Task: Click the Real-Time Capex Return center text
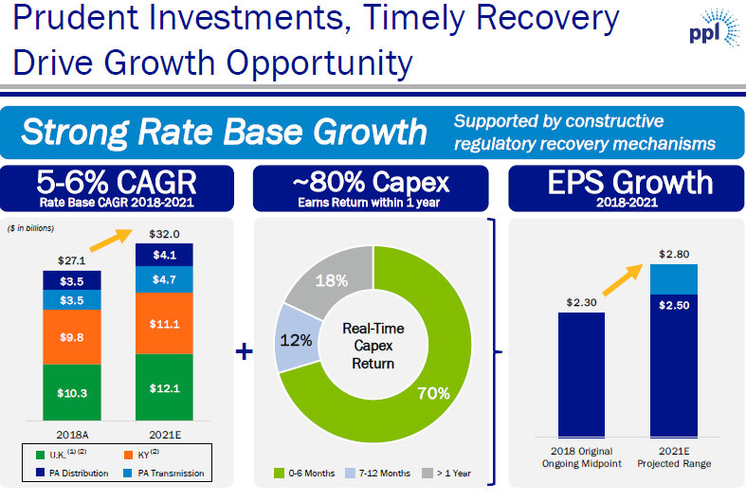click(373, 345)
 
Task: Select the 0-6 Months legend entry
click(304, 473)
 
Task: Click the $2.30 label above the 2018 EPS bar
click(581, 302)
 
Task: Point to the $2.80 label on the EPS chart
click(673, 253)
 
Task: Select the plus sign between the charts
click(244, 351)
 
